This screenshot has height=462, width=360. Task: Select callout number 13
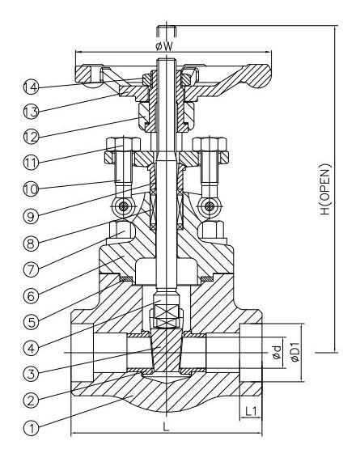pyautogui.click(x=32, y=109)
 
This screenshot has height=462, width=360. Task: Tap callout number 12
pyautogui.click(x=32, y=135)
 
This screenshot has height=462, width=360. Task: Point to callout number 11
pyautogui.click(x=32, y=162)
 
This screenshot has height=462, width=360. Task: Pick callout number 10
pyautogui.click(x=32, y=189)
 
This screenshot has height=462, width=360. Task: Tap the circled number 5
pyautogui.click(x=32, y=320)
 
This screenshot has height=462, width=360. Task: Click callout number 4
pyautogui.click(x=32, y=349)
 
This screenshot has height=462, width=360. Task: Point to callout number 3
pyautogui.click(x=32, y=373)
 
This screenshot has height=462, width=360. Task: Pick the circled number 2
pyautogui.click(x=32, y=400)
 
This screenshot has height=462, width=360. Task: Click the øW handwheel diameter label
pyautogui.click(x=166, y=46)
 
